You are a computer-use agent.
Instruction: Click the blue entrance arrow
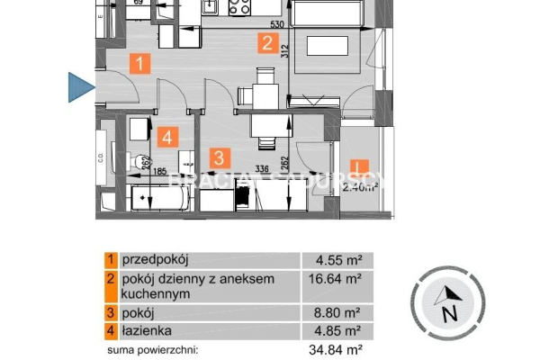point(81,86)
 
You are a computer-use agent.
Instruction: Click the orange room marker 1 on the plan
point(139,64)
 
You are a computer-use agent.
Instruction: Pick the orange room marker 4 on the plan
point(166,138)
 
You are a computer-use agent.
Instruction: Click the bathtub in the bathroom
point(159,199)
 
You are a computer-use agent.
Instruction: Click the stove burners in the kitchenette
point(239,8)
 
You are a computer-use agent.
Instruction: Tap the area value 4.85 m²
point(342,331)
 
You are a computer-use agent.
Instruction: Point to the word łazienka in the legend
point(144,331)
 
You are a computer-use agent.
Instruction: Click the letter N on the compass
point(449,313)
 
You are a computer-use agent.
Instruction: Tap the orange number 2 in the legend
point(110,280)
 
